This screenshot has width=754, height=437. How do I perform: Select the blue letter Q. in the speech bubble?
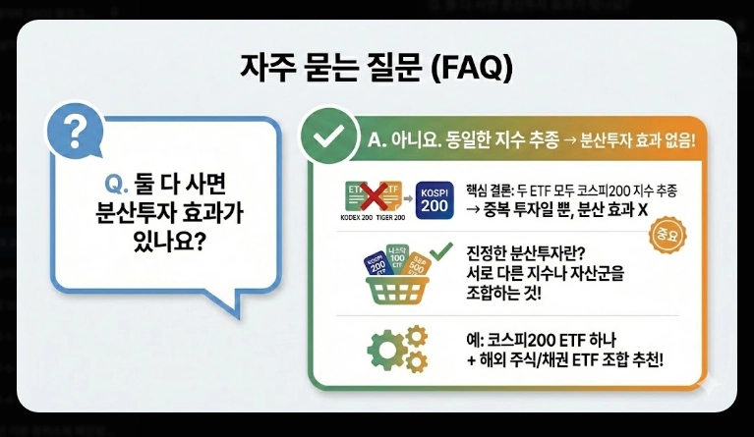118,183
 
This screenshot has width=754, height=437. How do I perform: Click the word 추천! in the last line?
639,360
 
